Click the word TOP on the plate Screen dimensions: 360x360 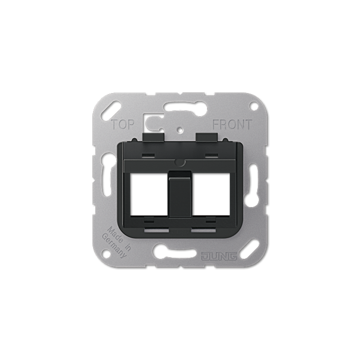pos(122,125)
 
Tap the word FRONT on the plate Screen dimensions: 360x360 pos(232,125)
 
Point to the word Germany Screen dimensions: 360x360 pos(114,244)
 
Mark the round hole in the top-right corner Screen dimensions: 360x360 pos(253,106)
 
